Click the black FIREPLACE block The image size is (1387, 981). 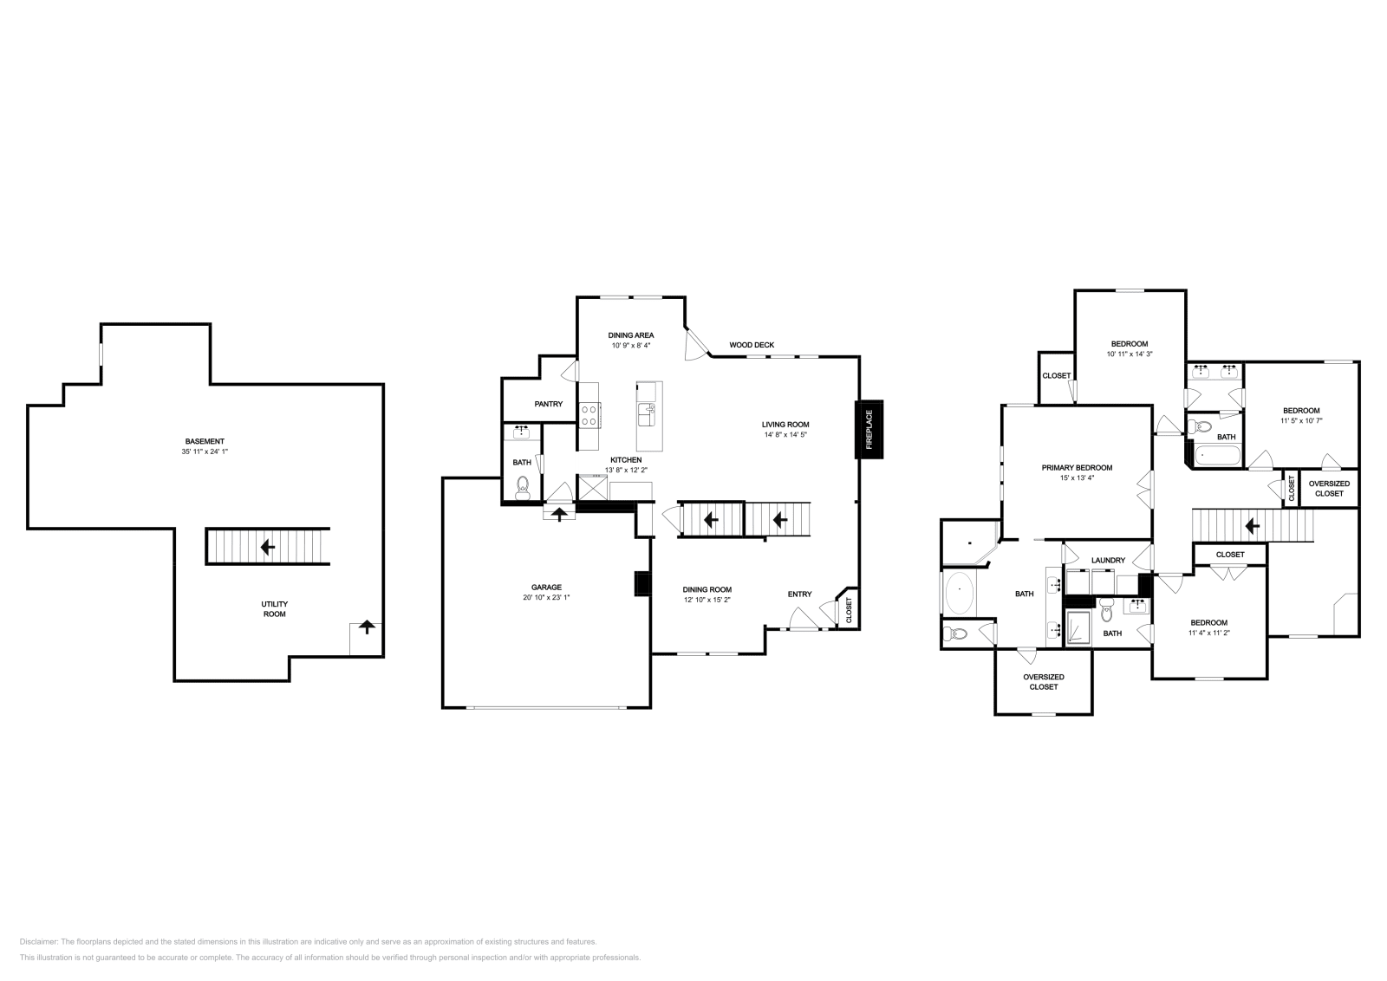tap(869, 430)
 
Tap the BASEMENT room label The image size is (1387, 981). tap(205, 441)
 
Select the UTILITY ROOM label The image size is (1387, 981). tap(274, 609)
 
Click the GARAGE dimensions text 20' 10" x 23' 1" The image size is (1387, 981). tap(546, 597)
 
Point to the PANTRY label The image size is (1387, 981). tap(549, 404)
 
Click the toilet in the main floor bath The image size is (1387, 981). tap(524, 489)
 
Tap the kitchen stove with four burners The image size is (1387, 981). tap(589, 415)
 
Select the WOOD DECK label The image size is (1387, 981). tap(752, 345)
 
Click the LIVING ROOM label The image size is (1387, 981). tap(785, 425)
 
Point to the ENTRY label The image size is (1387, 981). tap(799, 594)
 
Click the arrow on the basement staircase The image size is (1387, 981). tap(268, 547)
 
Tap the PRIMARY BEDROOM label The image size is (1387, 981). tap(1077, 468)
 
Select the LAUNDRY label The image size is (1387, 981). tap(1108, 560)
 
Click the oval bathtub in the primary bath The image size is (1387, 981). tap(959, 593)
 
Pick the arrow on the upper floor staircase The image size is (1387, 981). tap(1252, 526)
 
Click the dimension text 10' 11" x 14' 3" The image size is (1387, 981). tap(1130, 354)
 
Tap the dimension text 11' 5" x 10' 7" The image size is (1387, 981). tap(1301, 421)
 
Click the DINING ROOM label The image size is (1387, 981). tap(707, 590)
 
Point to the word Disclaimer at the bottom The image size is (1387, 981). tap(38, 942)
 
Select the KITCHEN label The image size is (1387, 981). tap(626, 460)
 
